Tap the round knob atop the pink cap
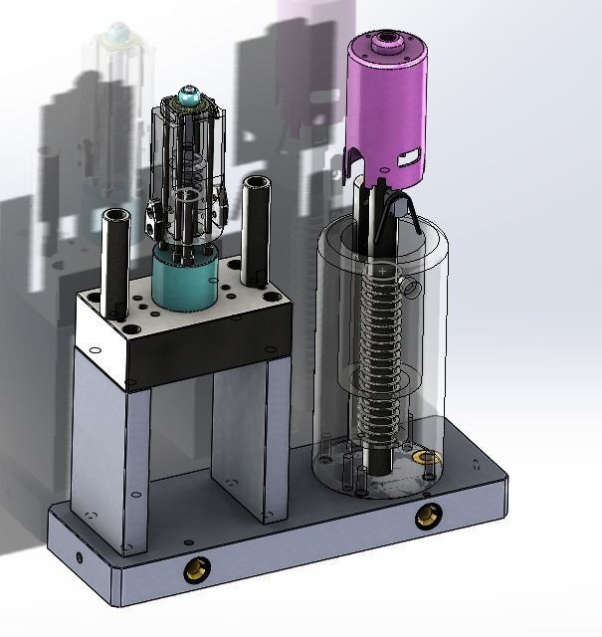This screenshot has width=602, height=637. (x=382, y=43)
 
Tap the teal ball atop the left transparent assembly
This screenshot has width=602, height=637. (x=187, y=99)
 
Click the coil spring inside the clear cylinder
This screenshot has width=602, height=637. (x=383, y=338)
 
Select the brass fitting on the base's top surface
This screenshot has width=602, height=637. (x=429, y=459)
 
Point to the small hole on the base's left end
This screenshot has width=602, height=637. (x=78, y=555)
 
